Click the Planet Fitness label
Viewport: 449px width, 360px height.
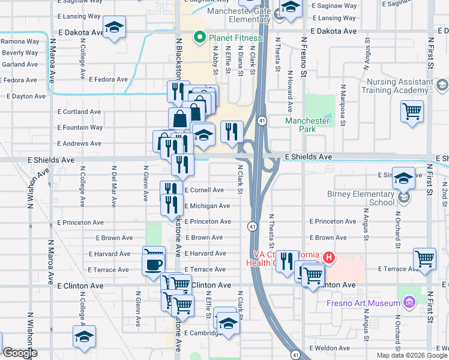[235, 38]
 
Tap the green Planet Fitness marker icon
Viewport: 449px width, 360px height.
[199, 38]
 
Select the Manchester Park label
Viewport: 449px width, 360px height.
[307, 121]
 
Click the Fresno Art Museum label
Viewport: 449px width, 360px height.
[363, 303]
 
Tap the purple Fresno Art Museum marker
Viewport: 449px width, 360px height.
[410, 301]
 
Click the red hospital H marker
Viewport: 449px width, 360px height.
[328, 257]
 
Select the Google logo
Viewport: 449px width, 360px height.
[20, 353]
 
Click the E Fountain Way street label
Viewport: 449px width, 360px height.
[80, 127]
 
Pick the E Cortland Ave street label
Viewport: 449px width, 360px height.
[79, 112]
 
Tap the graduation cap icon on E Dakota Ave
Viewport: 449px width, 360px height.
[113, 28]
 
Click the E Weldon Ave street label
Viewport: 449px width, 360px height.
[329, 348]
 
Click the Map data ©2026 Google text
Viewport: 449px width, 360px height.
[411, 355]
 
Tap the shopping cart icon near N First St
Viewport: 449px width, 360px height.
[424, 259]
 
